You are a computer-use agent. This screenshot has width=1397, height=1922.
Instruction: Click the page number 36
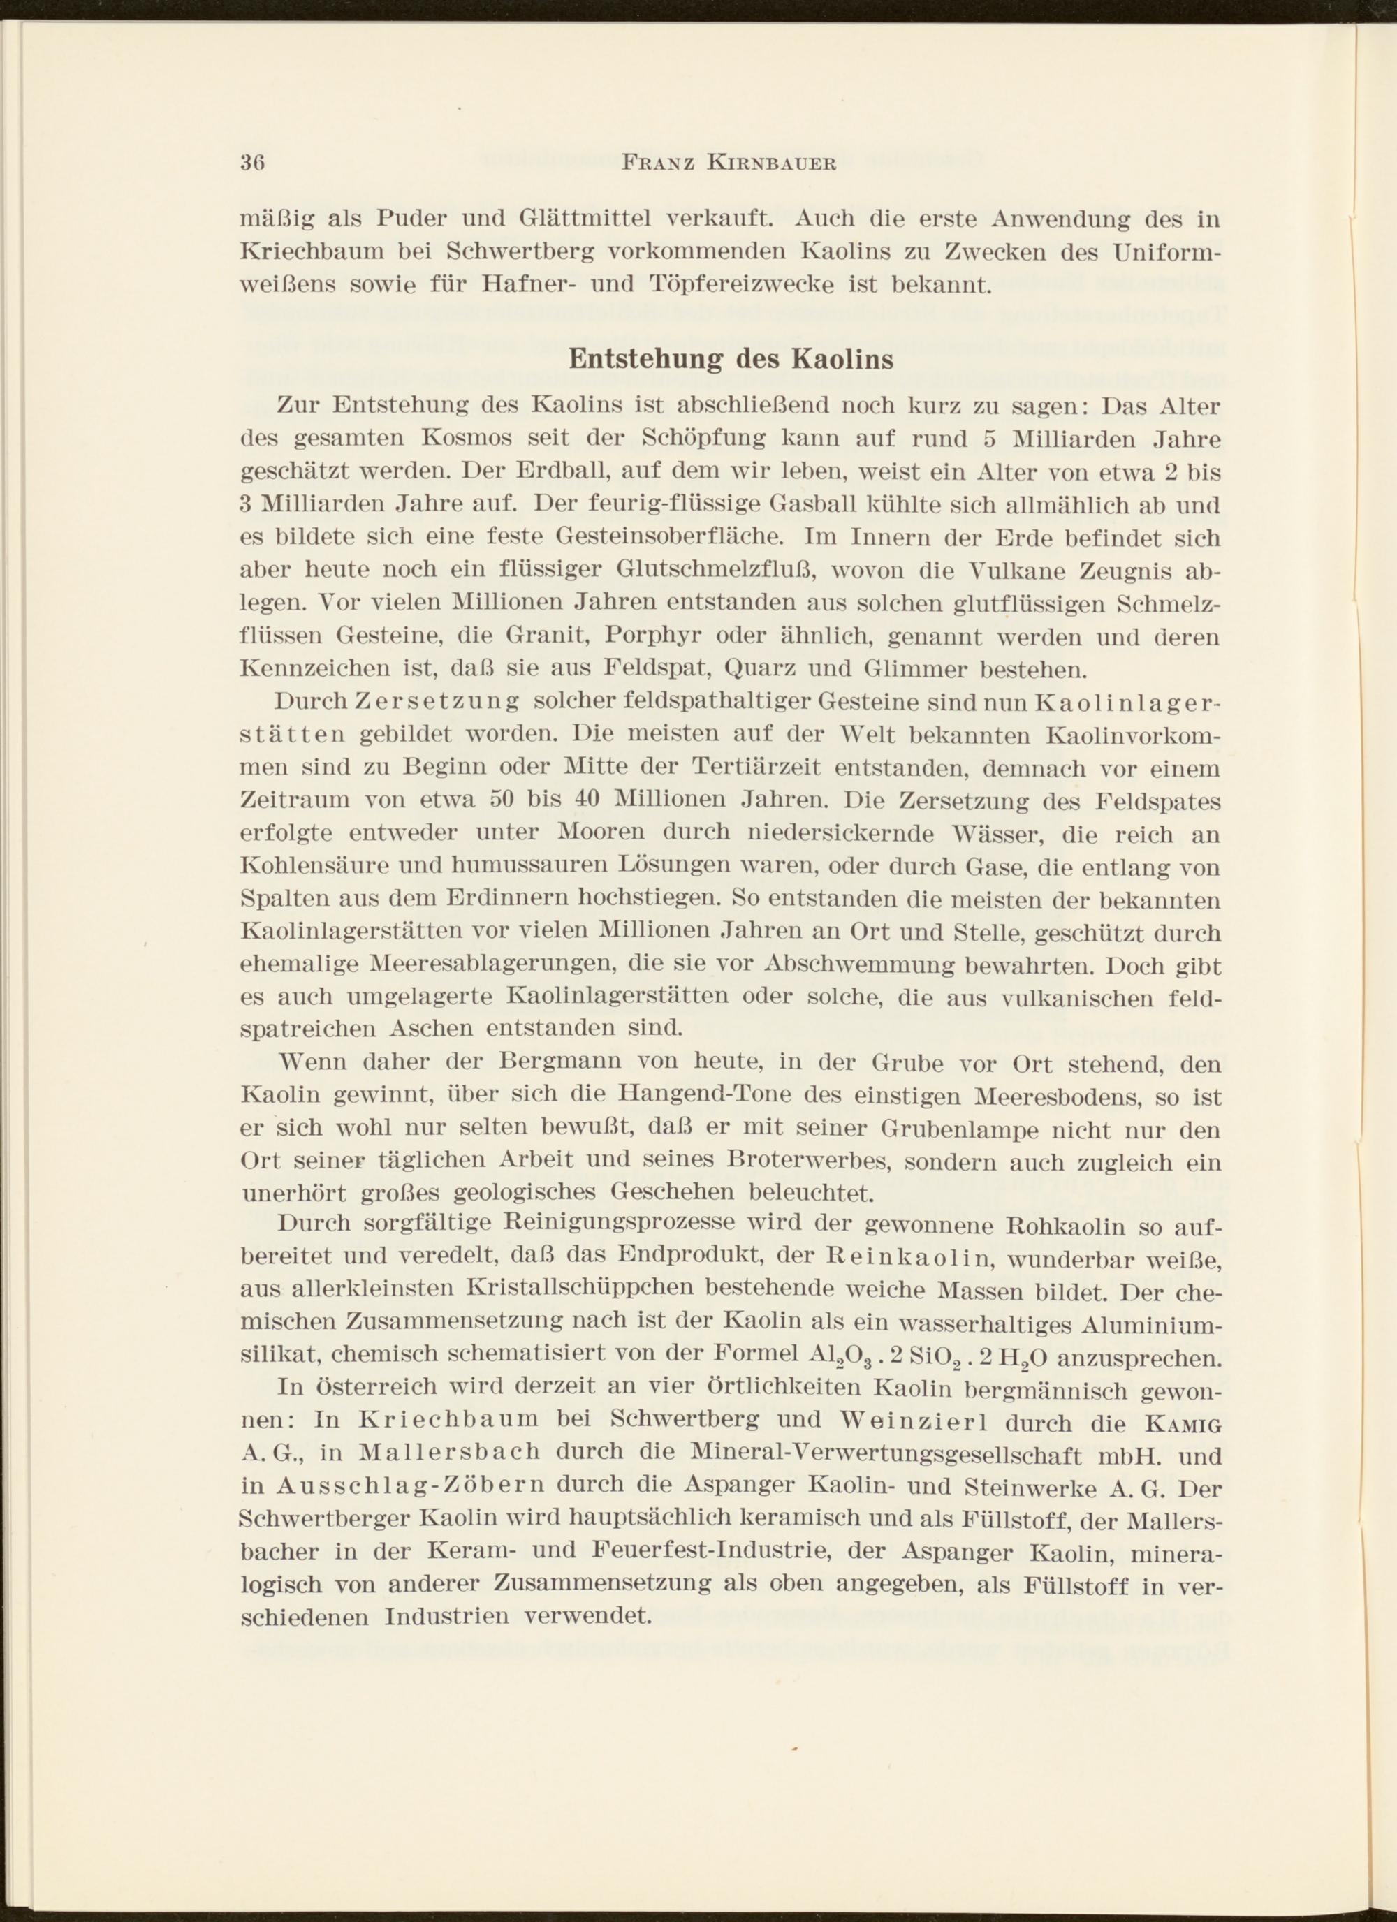click(254, 163)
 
